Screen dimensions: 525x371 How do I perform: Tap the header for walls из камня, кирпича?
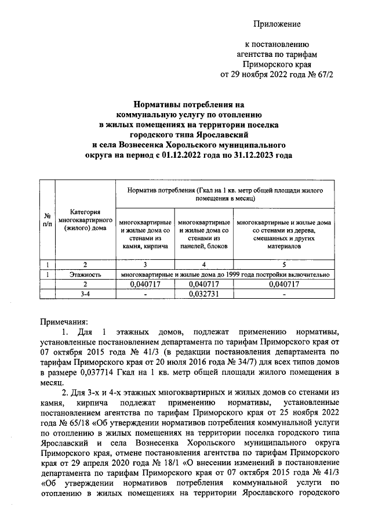click(145, 234)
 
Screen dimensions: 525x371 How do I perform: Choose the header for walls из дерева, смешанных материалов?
click(283, 234)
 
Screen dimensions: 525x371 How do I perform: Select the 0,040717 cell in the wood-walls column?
click(283, 284)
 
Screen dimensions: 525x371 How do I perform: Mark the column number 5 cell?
click(283, 265)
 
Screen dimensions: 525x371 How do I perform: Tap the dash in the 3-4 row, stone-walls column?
click(145, 294)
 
